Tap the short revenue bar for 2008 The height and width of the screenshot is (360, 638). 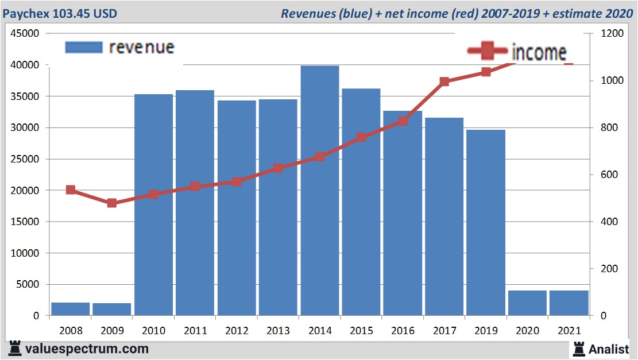pos(71,308)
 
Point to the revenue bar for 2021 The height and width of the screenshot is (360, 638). pos(569,303)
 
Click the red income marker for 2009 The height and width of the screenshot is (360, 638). pos(112,203)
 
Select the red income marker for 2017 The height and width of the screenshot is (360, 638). pos(444,82)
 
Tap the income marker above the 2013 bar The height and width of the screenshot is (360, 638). pos(278,168)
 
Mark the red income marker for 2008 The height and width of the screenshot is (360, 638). pos(71,190)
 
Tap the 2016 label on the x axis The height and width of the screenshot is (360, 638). pos(403,331)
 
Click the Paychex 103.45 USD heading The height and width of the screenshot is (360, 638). pos(60,13)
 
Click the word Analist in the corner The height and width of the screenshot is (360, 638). pos(609,349)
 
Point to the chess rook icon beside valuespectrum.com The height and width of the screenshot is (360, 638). pos(14,349)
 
